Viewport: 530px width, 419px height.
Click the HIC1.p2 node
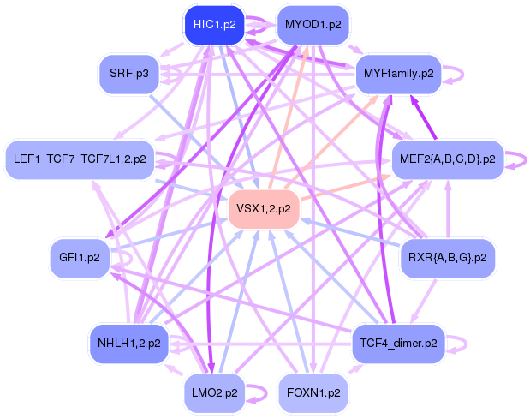(x=214, y=25)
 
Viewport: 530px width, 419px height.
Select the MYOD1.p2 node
(x=313, y=25)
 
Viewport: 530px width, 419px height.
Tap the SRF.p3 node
(x=129, y=74)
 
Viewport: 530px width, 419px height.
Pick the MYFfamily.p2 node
(x=397, y=74)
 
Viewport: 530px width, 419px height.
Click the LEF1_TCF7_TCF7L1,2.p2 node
(x=80, y=159)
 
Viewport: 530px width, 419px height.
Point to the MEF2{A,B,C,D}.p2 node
(x=448, y=159)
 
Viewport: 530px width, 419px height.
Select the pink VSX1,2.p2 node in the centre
(x=263, y=208)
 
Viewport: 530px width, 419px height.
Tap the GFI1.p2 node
(x=80, y=256)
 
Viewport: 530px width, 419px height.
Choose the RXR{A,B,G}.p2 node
(x=448, y=256)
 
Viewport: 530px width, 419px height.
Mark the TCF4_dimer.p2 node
(x=398, y=344)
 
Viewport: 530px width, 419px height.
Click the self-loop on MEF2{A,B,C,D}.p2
(x=516, y=159)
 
